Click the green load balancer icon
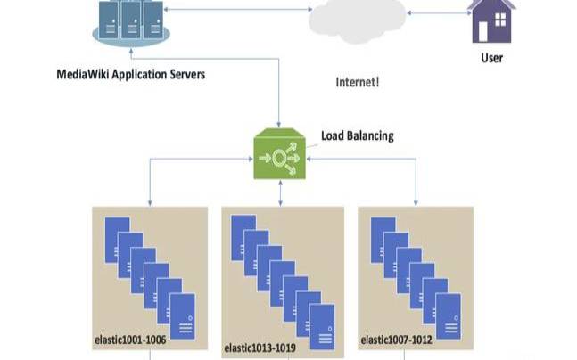point(280,153)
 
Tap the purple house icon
point(491,21)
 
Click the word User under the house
point(491,58)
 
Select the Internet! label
point(357,82)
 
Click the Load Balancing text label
point(358,135)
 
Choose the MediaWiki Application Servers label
point(130,74)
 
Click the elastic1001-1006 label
point(130,340)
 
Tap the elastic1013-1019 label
point(260,348)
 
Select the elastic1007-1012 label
point(396,340)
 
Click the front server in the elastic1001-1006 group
point(183,316)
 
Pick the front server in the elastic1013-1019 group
point(322,327)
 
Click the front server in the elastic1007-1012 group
point(449,316)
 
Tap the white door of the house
point(482,31)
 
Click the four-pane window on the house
point(500,20)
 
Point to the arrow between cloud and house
point(439,12)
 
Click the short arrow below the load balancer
point(280,193)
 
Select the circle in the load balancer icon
point(279,159)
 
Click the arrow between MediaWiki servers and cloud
point(238,10)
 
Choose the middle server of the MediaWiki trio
point(130,20)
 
